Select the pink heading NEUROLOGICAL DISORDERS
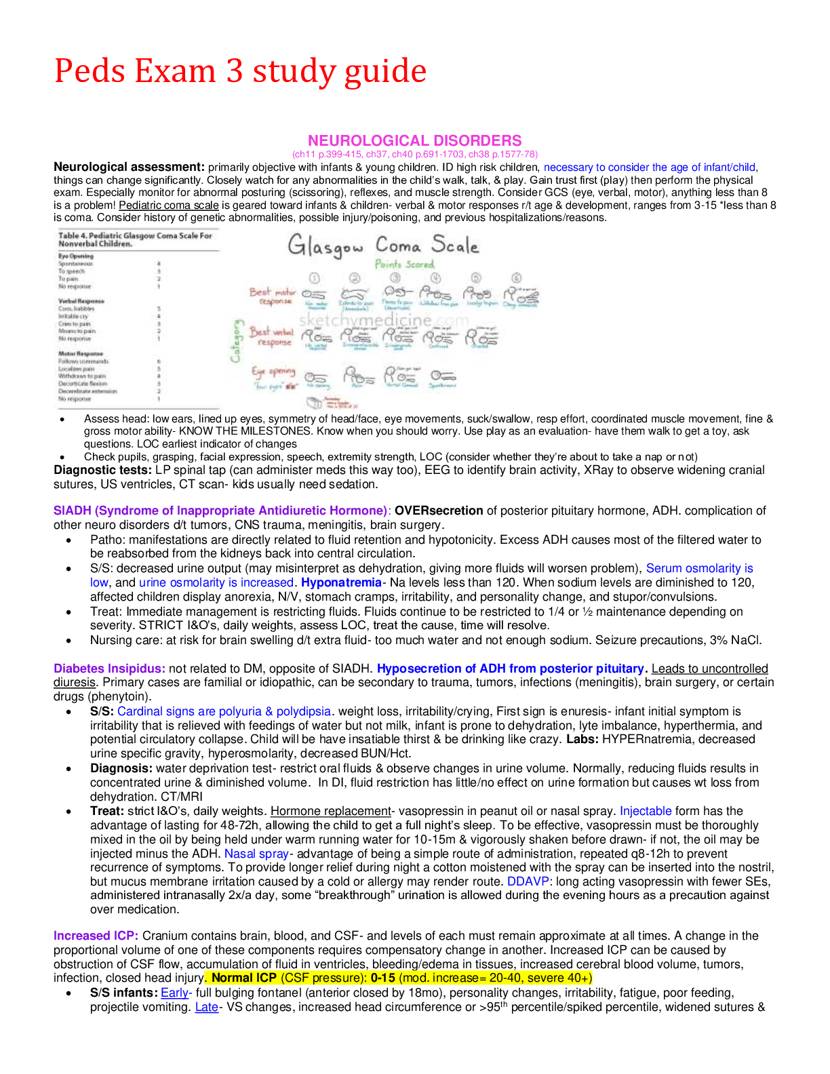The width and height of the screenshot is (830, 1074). coord(414,140)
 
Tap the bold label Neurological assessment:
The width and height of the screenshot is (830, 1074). coord(129,167)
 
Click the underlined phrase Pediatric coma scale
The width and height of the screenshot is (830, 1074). coord(169,205)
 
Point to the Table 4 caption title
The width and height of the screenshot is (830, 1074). coord(135,239)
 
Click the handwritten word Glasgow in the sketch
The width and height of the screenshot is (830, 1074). coord(325,246)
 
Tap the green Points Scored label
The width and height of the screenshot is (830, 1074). coord(404,264)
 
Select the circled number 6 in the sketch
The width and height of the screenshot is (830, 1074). coord(517,278)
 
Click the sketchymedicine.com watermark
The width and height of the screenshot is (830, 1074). coord(384,320)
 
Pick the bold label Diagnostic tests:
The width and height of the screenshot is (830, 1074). coord(102,470)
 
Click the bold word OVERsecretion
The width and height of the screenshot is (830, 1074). coord(439,511)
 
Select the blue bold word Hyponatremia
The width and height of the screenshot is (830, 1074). coord(341,582)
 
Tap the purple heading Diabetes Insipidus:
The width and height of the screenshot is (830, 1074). coord(109,669)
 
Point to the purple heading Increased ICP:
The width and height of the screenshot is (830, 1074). coord(96,936)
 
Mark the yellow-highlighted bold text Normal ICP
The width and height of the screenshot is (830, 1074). coord(244,978)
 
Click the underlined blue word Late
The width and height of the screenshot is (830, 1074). coord(206,1007)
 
